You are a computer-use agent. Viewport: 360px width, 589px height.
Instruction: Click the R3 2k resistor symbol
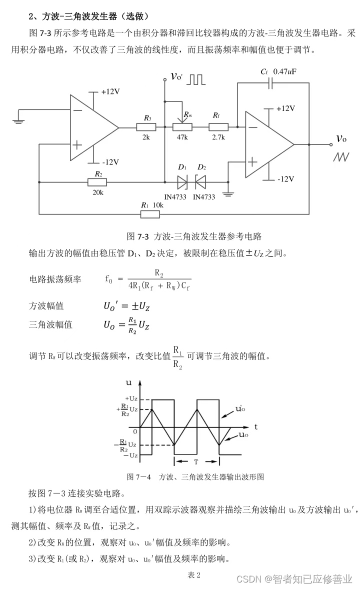146,127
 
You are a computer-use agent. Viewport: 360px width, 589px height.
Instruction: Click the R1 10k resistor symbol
150,214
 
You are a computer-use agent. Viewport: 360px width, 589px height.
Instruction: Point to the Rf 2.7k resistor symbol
218,127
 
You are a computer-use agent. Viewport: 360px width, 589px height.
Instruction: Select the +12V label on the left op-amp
110,92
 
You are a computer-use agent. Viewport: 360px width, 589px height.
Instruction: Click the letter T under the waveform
196,462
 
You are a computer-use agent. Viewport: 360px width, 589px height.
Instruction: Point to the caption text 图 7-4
139,476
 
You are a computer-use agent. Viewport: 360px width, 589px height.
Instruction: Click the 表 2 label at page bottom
194,575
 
